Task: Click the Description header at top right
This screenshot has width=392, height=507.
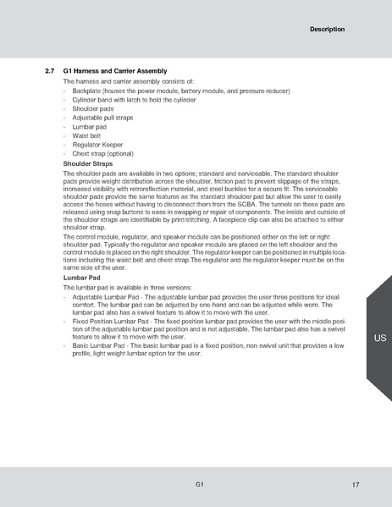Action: (x=327, y=30)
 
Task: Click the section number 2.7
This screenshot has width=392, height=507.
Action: (x=49, y=70)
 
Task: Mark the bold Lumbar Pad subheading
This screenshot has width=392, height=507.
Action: (x=82, y=278)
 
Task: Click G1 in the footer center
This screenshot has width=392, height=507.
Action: (x=198, y=483)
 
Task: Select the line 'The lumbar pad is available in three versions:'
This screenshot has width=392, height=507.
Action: (x=128, y=288)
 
